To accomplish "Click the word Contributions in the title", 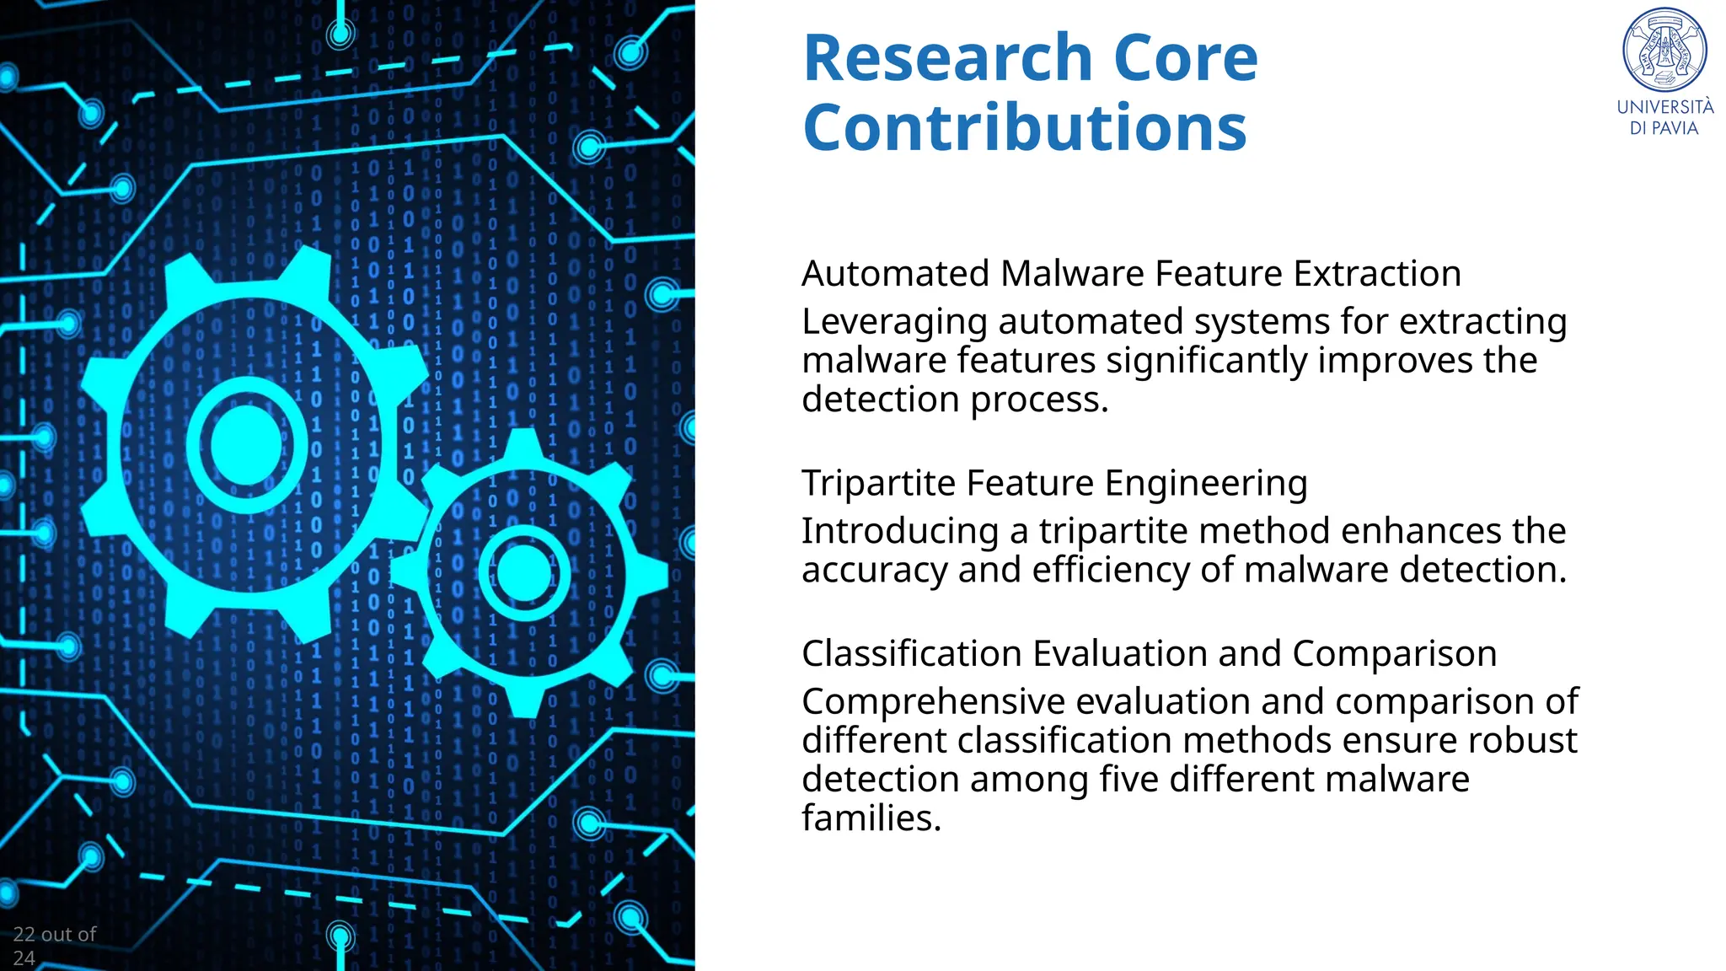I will click(1025, 128).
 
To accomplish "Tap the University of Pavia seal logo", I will click(1664, 50).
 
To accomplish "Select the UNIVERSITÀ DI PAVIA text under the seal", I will click(1664, 117).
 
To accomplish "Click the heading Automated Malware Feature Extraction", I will click(1131, 274).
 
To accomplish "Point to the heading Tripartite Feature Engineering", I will click(1053, 483).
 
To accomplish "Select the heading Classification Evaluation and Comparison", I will click(1149, 654).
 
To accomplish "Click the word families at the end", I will click(871, 818).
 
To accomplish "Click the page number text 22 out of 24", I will click(54, 945).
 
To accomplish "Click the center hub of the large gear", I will click(246, 444).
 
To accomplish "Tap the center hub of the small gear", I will click(523, 572).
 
